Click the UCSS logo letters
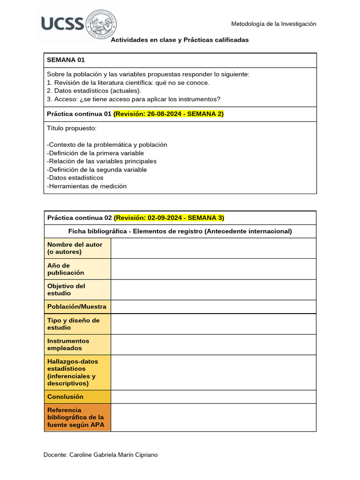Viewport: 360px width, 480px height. tap(62, 23)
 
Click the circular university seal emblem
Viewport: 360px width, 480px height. tap(101, 23)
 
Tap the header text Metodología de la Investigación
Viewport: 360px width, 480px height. tap(274, 24)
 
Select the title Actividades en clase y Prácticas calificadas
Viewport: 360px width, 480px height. tap(180, 40)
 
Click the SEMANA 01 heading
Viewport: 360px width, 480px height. tap(66, 60)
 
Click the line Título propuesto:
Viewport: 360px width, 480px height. tap(72, 128)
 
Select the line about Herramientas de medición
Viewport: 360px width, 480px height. tap(87, 186)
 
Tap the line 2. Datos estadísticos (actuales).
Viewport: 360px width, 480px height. tap(94, 90)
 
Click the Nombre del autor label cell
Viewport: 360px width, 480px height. tap(77, 248)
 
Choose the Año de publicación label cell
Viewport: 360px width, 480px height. tap(77, 269)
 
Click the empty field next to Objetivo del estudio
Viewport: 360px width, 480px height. tap(213, 289)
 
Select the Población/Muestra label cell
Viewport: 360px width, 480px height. tap(77, 307)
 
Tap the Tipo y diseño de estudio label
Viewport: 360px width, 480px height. tap(77, 324)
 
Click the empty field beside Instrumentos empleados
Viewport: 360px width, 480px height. tap(213, 345)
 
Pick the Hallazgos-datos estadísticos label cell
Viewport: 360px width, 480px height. tap(77, 372)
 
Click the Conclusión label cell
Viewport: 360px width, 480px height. tap(77, 397)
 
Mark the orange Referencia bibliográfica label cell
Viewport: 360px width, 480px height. tap(77, 417)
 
